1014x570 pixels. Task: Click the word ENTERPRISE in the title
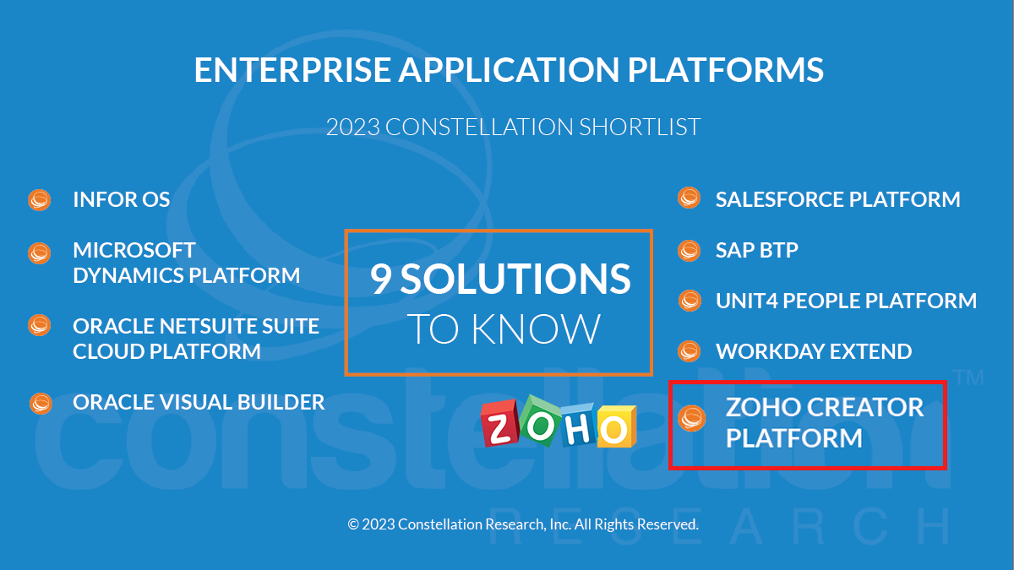[x=292, y=70]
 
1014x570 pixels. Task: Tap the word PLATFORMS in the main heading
[x=725, y=70]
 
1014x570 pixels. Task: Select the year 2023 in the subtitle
[x=353, y=128]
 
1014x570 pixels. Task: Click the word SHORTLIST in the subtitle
[x=640, y=128]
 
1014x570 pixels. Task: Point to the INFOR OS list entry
[x=122, y=199]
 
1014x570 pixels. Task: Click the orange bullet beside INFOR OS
[x=40, y=200]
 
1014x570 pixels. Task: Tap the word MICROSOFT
[x=134, y=250]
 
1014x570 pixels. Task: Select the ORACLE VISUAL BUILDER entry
[x=199, y=402]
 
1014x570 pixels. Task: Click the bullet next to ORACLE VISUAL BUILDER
[x=41, y=404]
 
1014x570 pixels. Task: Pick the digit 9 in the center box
[x=381, y=279]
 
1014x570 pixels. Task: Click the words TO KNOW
[x=504, y=328]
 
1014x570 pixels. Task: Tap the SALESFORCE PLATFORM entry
[x=838, y=199]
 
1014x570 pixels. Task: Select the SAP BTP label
[x=757, y=250]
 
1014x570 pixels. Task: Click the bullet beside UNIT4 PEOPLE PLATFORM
[x=690, y=301]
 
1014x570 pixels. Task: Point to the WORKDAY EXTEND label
[x=814, y=351]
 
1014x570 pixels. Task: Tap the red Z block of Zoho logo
[x=499, y=423]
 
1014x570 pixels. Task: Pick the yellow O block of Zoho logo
[x=616, y=426]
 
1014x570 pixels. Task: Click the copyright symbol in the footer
[x=353, y=524]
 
